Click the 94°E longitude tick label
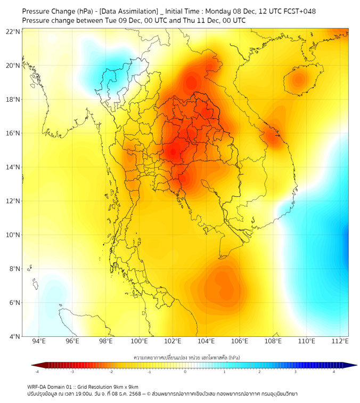39,341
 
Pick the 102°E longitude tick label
173,341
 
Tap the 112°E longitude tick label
340,341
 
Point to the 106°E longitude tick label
240,341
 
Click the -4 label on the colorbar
36,372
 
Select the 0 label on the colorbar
185,372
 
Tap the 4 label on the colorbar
334,372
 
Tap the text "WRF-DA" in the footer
37,386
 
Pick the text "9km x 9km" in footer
126,386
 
